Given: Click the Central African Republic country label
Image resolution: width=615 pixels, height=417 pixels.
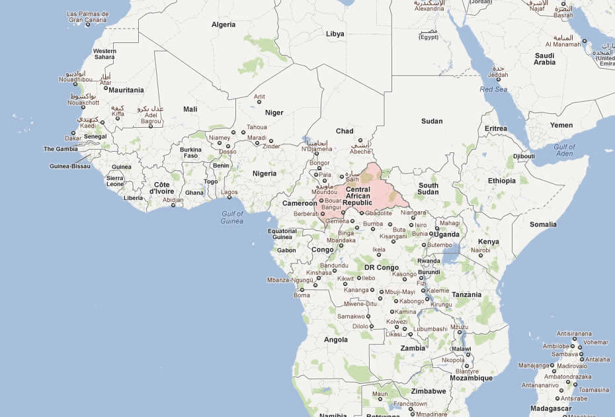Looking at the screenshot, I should pyautogui.click(x=357, y=196).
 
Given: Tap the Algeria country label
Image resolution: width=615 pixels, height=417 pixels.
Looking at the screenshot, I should pyautogui.click(x=223, y=24).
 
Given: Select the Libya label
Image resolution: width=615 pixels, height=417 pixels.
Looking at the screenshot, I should pyautogui.click(x=335, y=34).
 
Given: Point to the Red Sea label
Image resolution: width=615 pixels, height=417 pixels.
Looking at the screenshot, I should pyautogui.click(x=493, y=89).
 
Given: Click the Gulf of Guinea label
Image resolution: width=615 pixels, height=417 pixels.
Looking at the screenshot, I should pyautogui.click(x=232, y=217).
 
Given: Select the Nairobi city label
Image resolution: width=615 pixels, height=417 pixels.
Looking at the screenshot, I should pyautogui.click(x=481, y=250).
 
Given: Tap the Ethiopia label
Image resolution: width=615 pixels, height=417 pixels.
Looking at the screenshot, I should pyautogui.click(x=502, y=181).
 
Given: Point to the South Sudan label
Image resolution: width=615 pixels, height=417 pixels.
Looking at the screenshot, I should pyautogui.click(x=429, y=189).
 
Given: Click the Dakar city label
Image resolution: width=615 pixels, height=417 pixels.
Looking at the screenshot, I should pyautogui.click(x=73, y=138).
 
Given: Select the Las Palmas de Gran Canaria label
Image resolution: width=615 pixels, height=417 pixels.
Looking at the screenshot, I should pyautogui.click(x=89, y=17).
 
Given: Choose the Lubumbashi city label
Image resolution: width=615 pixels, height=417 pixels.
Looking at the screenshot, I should pyautogui.click(x=430, y=328).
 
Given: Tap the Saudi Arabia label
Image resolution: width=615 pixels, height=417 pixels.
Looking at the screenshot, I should pyautogui.click(x=545, y=59).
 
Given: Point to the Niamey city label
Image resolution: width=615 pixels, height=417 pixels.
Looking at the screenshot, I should pyautogui.click(x=220, y=138).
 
